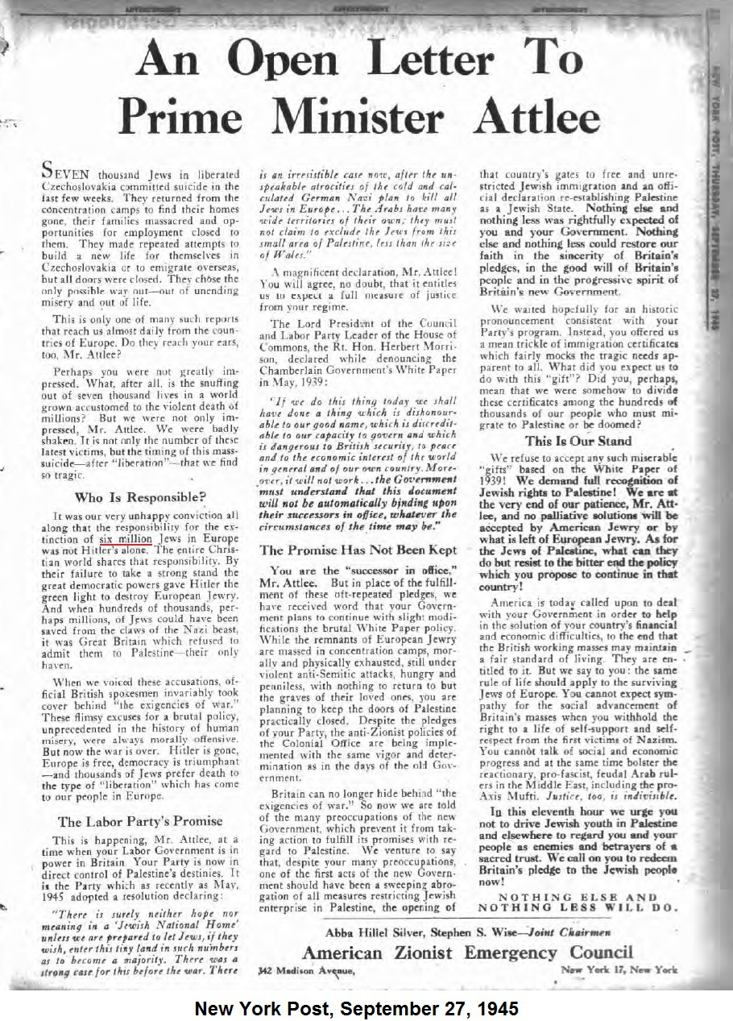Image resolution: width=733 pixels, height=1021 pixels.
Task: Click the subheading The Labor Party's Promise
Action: point(140,821)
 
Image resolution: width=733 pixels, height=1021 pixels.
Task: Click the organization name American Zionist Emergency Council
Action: point(467,953)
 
